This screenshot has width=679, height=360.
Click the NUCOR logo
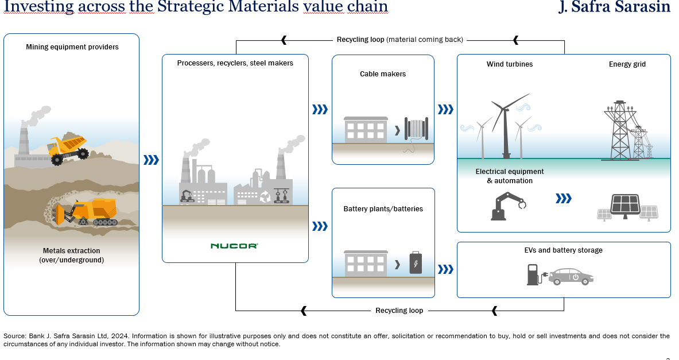click(234, 246)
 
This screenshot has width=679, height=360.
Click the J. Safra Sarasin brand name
click(614, 7)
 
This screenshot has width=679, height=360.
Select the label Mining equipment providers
click(72, 47)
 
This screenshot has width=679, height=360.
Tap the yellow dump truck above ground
click(68, 149)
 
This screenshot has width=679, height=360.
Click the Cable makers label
click(383, 74)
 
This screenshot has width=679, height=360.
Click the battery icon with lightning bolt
click(414, 263)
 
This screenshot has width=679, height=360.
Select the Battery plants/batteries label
click(383, 209)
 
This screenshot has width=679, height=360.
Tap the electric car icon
click(571, 276)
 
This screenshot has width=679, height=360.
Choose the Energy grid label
click(627, 64)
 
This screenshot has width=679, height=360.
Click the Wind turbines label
click(510, 64)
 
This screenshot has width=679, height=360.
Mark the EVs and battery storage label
click(563, 250)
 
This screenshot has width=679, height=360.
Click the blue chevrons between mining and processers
click(150, 160)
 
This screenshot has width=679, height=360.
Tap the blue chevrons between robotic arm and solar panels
click(564, 199)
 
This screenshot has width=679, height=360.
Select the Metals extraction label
click(71, 256)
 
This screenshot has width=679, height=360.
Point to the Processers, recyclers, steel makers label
click(235, 63)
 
